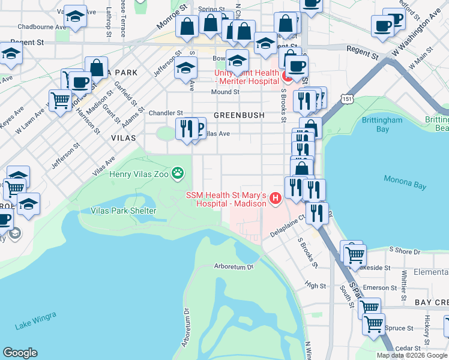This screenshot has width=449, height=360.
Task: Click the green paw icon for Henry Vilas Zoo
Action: point(178,175)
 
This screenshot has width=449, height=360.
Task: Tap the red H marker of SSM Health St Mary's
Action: point(276,198)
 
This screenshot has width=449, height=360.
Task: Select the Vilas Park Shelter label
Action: point(123,211)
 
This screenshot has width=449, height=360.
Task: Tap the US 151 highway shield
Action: point(347,97)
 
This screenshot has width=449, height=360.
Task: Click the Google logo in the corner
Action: point(20,353)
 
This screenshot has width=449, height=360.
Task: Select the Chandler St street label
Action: point(166,113)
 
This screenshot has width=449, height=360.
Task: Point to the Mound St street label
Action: point(226,92)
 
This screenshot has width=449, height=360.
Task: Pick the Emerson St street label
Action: point(376,288)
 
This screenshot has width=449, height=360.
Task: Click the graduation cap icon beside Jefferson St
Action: point(186,67)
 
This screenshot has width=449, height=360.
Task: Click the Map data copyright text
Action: point(412,355)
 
